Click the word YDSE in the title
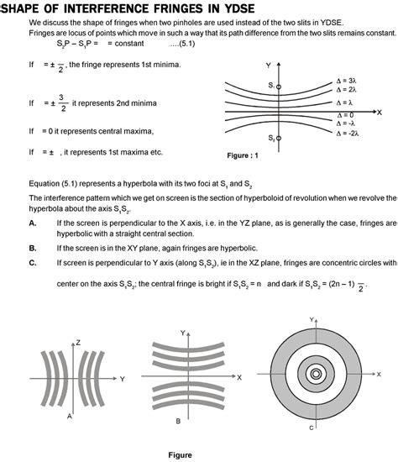click(x=258, y=8)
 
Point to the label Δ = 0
click(x=344, y=114)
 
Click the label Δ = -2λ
click(x=348, y=133)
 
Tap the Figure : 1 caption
click(x=244, y=155)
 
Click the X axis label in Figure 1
click(x=380, y=111)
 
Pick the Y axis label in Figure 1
click(x=268, y=65)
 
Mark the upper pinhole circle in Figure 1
click(x=278, y=86)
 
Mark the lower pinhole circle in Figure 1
click(x=278, y=138)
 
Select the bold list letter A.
click(x=32, y=223)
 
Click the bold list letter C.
click(x=32, y=262)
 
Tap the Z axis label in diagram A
click(x=76, y=342)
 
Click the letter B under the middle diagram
click(x=177, y=420)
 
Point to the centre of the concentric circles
click(x=315, y=375)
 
